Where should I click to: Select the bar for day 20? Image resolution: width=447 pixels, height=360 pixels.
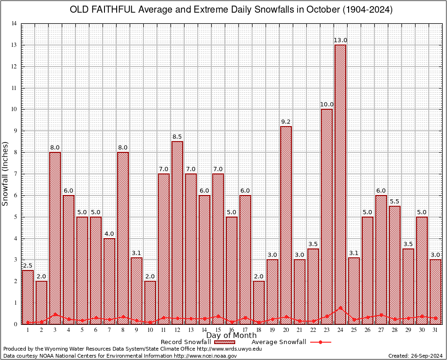pyautogui.click(x=286, y=225)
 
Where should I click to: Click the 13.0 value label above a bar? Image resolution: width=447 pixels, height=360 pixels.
pyautogui.click(x=340, y=40)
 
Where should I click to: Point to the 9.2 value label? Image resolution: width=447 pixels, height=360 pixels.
pyautogui.click(x=286, y=122)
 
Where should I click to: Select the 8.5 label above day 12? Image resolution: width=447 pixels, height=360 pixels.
pyautogui.click(x=177, y=137)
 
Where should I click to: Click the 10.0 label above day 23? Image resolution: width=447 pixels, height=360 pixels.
pyautogui.click(x=327, y=105)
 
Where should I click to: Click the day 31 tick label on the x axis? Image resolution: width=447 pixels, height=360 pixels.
pyautogui.click(x=435, y=330)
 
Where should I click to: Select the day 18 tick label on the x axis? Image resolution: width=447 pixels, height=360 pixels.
pyautogui.click(x=259, y=330)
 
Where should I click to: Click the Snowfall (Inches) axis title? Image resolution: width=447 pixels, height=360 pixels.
pyautogui.click(x=6, y=173)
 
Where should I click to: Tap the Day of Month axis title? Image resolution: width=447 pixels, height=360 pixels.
pyautogui.click(x=231, y=336)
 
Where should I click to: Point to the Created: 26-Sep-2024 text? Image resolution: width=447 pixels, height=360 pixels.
pyautogui.click(x=415, y=356)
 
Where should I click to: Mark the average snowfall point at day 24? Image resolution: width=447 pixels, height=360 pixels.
pyautogui.click(x=340, y=308)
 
